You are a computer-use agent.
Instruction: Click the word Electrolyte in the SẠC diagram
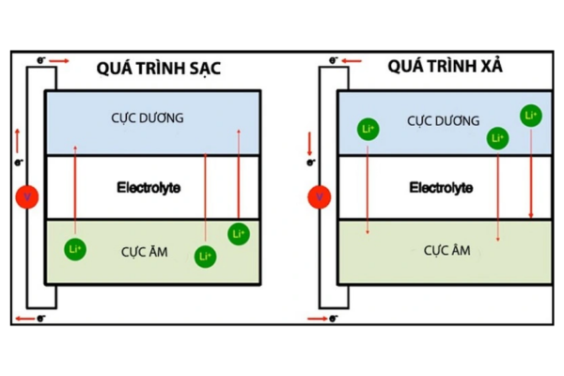pyautogui.click(x=149, y=188)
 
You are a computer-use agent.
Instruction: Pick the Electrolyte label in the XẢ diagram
pyautogui.click(x=441, y=188)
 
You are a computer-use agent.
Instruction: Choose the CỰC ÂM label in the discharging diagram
pyautogui.click(x=446, y=250)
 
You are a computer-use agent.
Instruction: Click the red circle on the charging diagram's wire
pyautogui.click(x=27, y=197)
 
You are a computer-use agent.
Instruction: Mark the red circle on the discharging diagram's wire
pyautogui.click(x=319, y=196)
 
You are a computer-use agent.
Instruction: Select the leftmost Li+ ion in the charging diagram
pyautogui.click(x=76, y=249)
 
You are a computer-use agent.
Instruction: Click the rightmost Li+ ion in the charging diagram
pyautogui.click(x=238, y=233)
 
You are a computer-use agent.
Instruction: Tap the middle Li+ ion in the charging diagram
pyautogui.click(x=205, y=256)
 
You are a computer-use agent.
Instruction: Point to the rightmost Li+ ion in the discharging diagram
pyautogui.click(x=530, y=116)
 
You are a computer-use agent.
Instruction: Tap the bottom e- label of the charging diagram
pyautogui.click(x=40, y=320)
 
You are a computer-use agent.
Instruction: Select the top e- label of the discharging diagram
pyautogui.click(x=334, y=59)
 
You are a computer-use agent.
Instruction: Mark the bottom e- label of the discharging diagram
pyautogui.click(x=334, y=320)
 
